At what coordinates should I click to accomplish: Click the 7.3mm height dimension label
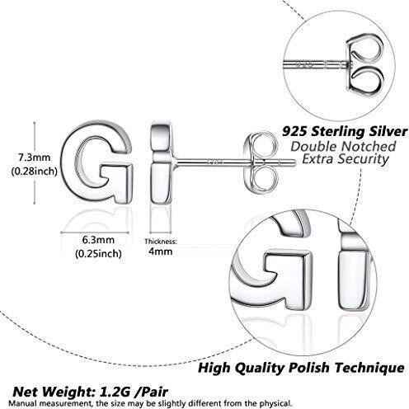[34, 157]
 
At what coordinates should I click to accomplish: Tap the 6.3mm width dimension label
[98, 240]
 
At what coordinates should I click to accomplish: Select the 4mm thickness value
[161, 252]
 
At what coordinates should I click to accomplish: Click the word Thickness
[161, 242]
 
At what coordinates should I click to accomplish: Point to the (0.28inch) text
[34, 172]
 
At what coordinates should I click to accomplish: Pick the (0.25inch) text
[98, 253]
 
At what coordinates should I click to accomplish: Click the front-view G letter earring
[97, 162]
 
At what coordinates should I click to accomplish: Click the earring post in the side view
[233, 162]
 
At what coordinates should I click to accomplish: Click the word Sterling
[341, 132]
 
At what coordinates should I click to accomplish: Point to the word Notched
[368, 146]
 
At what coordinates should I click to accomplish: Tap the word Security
[363, 159]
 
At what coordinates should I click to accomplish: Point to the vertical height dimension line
[35, 163]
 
